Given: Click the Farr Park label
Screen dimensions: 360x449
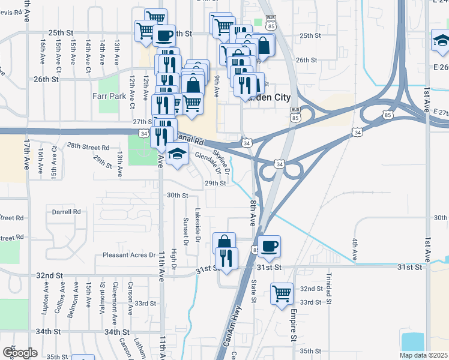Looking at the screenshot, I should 110,95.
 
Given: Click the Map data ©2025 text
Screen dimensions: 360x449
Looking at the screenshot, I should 423,355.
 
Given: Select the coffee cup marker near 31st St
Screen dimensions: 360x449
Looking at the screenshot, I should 270,245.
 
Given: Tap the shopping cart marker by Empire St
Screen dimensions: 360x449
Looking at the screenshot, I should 282,293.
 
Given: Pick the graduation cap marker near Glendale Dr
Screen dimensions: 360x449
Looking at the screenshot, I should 177,155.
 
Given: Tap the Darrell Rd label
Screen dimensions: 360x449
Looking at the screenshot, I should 66,212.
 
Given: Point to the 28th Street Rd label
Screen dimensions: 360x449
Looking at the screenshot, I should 88,146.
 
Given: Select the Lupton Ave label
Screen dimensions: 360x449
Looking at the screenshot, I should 46,295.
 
